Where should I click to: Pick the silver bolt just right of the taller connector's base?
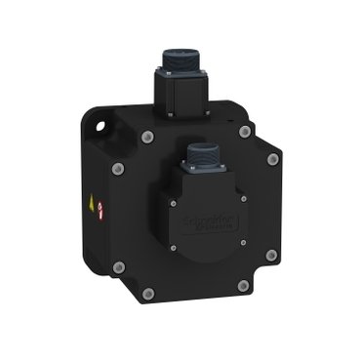point(244,131)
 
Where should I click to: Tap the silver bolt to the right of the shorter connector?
point(273,158)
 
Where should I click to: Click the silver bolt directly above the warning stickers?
point(118,168)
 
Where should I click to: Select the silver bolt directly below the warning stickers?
point(118,265)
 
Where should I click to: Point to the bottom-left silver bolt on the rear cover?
point(148,293)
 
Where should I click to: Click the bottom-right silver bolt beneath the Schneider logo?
point(243,286)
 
